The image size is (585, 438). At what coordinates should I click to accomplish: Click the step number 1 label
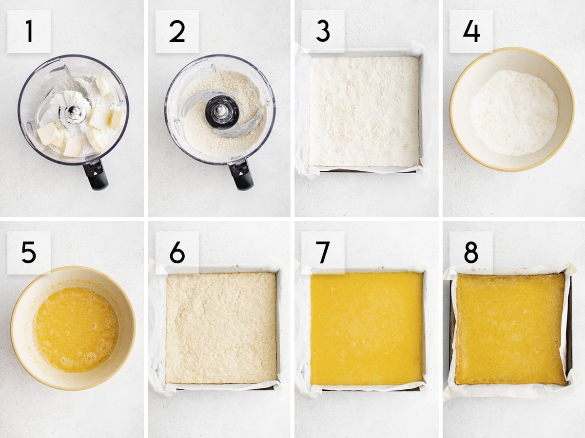point(29,31)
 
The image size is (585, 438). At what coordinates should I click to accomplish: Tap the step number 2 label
point(177,31)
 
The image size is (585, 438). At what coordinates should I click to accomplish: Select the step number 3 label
point(323,31)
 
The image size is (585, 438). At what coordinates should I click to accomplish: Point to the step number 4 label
point(471,31)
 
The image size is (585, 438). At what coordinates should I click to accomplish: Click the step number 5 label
point(29,253)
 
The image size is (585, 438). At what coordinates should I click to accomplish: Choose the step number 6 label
point(177,253)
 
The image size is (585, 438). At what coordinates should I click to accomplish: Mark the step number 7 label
point(323,253)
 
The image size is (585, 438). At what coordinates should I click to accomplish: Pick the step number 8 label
point(471,253)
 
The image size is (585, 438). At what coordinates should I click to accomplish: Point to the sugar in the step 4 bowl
point(513,113)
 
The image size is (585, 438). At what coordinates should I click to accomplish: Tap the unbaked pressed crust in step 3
point(364,111)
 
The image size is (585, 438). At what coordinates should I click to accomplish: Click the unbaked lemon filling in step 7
point(367,328)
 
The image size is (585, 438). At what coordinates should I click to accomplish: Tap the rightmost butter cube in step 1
point(116,118)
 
